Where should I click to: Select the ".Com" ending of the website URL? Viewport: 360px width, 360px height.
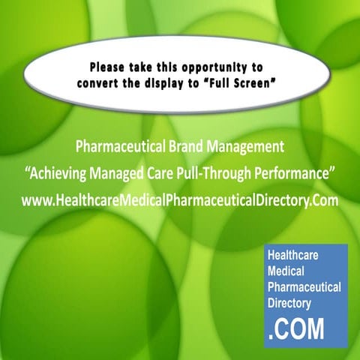pyautogui.click(x=324, y=201)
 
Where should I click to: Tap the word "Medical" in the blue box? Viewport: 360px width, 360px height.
pyautogui.click(x=287, y=271)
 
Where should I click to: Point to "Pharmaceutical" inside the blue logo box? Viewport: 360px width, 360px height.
pyautogui.click(x=304, y=287)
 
